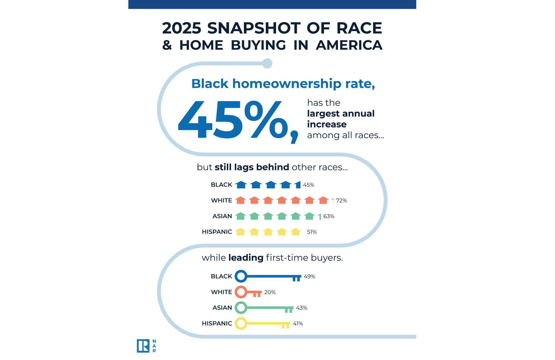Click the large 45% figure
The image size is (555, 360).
coord(233,120)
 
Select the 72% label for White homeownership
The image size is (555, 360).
coord(341,200)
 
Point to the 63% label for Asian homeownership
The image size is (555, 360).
coord(329,216)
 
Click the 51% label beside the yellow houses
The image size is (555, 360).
coord(312,232)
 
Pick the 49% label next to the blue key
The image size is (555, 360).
coord(309,276)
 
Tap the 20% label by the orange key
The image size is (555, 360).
coord(270,292)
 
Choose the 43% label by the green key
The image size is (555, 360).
coord(302,308)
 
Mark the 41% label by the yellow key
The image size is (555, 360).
coord(298,324)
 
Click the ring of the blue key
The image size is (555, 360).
coord(241,276)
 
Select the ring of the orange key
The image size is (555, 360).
coord(241,292)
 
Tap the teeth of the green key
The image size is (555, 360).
coord(289,310)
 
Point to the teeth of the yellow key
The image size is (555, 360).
coord(286,326)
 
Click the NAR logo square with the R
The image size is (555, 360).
coord(143,346)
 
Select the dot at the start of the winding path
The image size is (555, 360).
coord(267,63)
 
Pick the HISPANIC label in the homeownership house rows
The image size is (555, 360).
coord(217,232)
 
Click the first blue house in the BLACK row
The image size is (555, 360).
coord(241,185)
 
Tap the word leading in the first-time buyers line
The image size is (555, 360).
coord(246,257)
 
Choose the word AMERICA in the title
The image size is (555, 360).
coord(349,45)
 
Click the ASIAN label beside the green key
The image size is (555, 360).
coord(222,308)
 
